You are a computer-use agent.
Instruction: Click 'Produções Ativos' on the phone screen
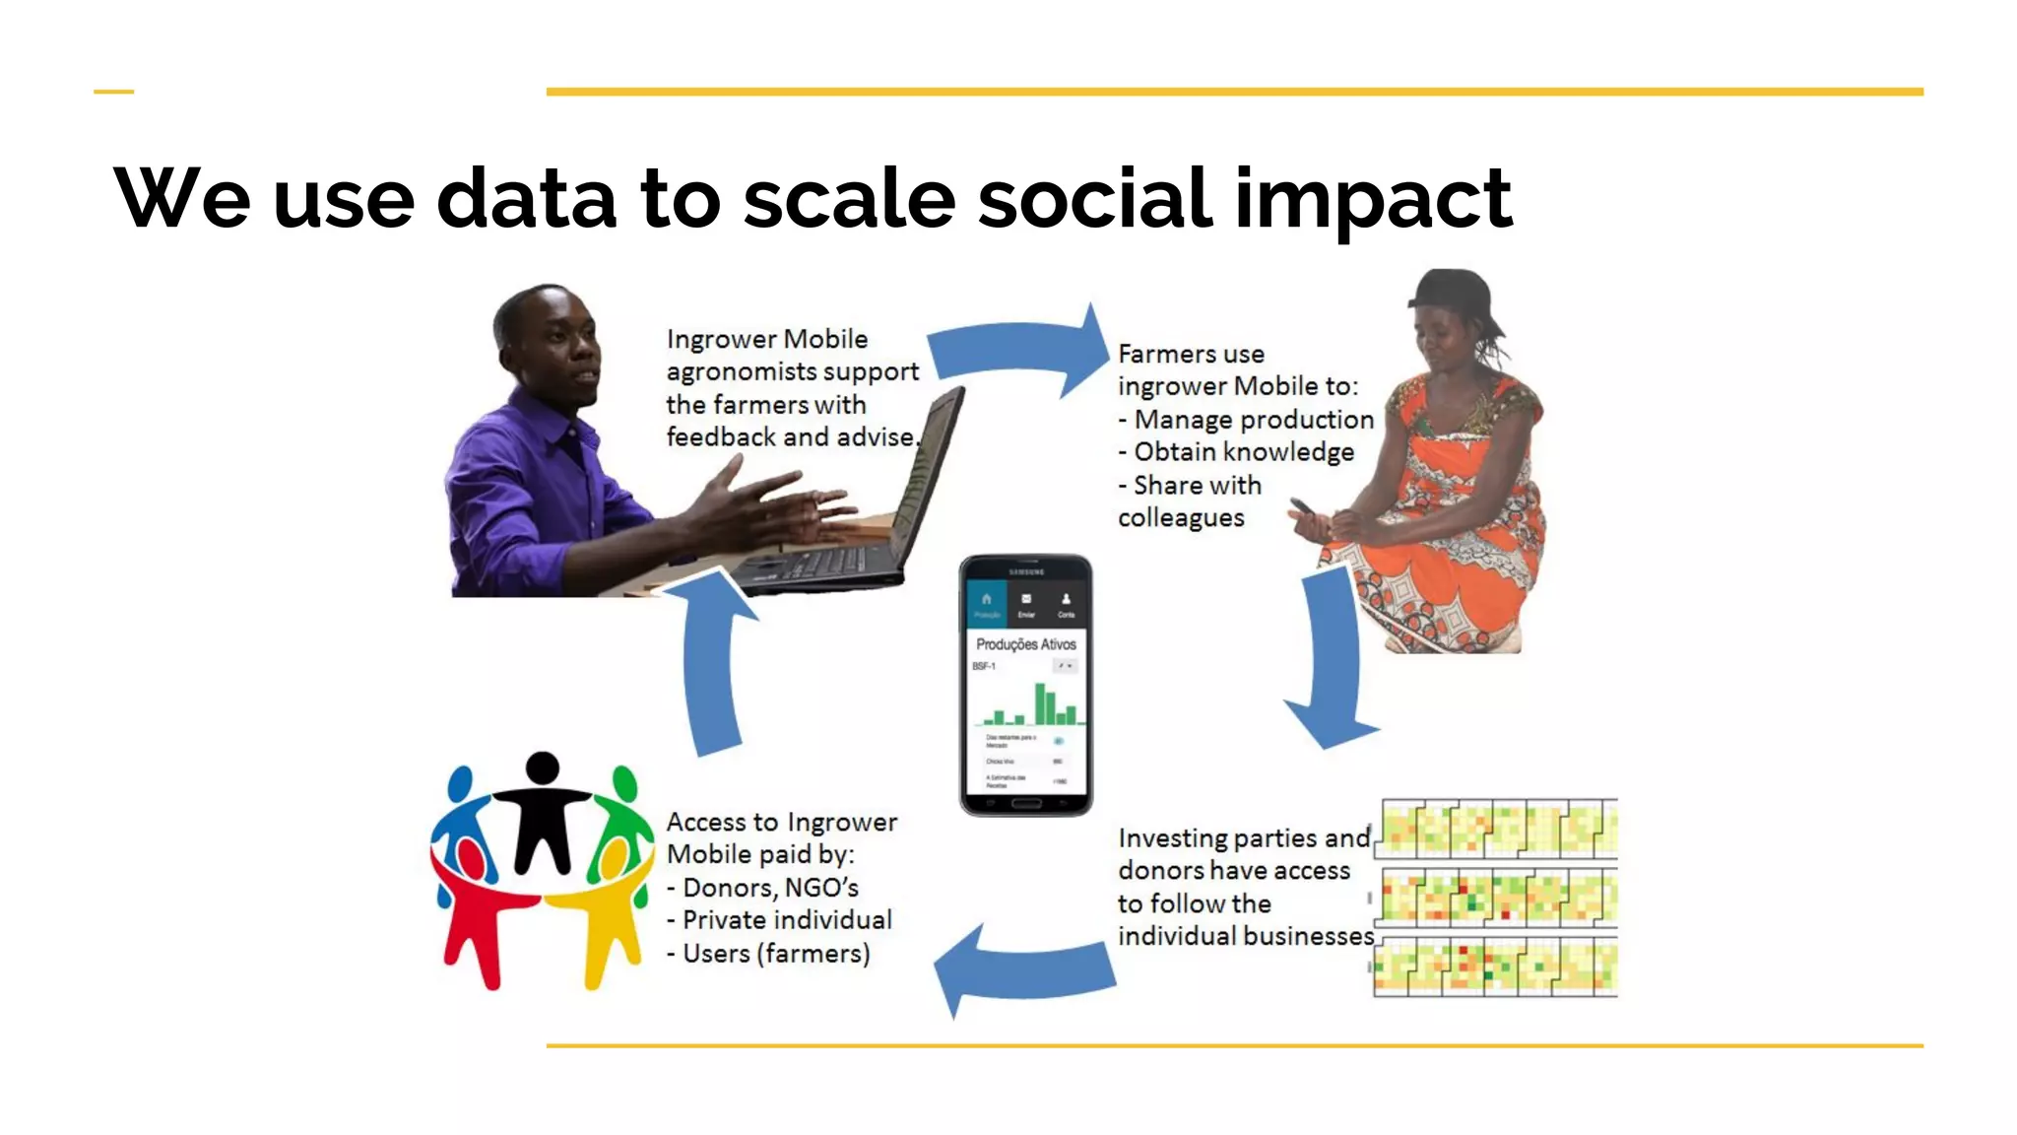[x=1025, y=644]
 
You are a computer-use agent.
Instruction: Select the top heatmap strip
[x=1496, y=829]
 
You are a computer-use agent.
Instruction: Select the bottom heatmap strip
[x=1496, y=967]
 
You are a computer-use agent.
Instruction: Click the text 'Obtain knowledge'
[x=1243, y=452]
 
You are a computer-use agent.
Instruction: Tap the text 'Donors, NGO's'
[x=770, y=888]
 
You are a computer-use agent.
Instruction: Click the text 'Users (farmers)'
[x=776, y=954]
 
